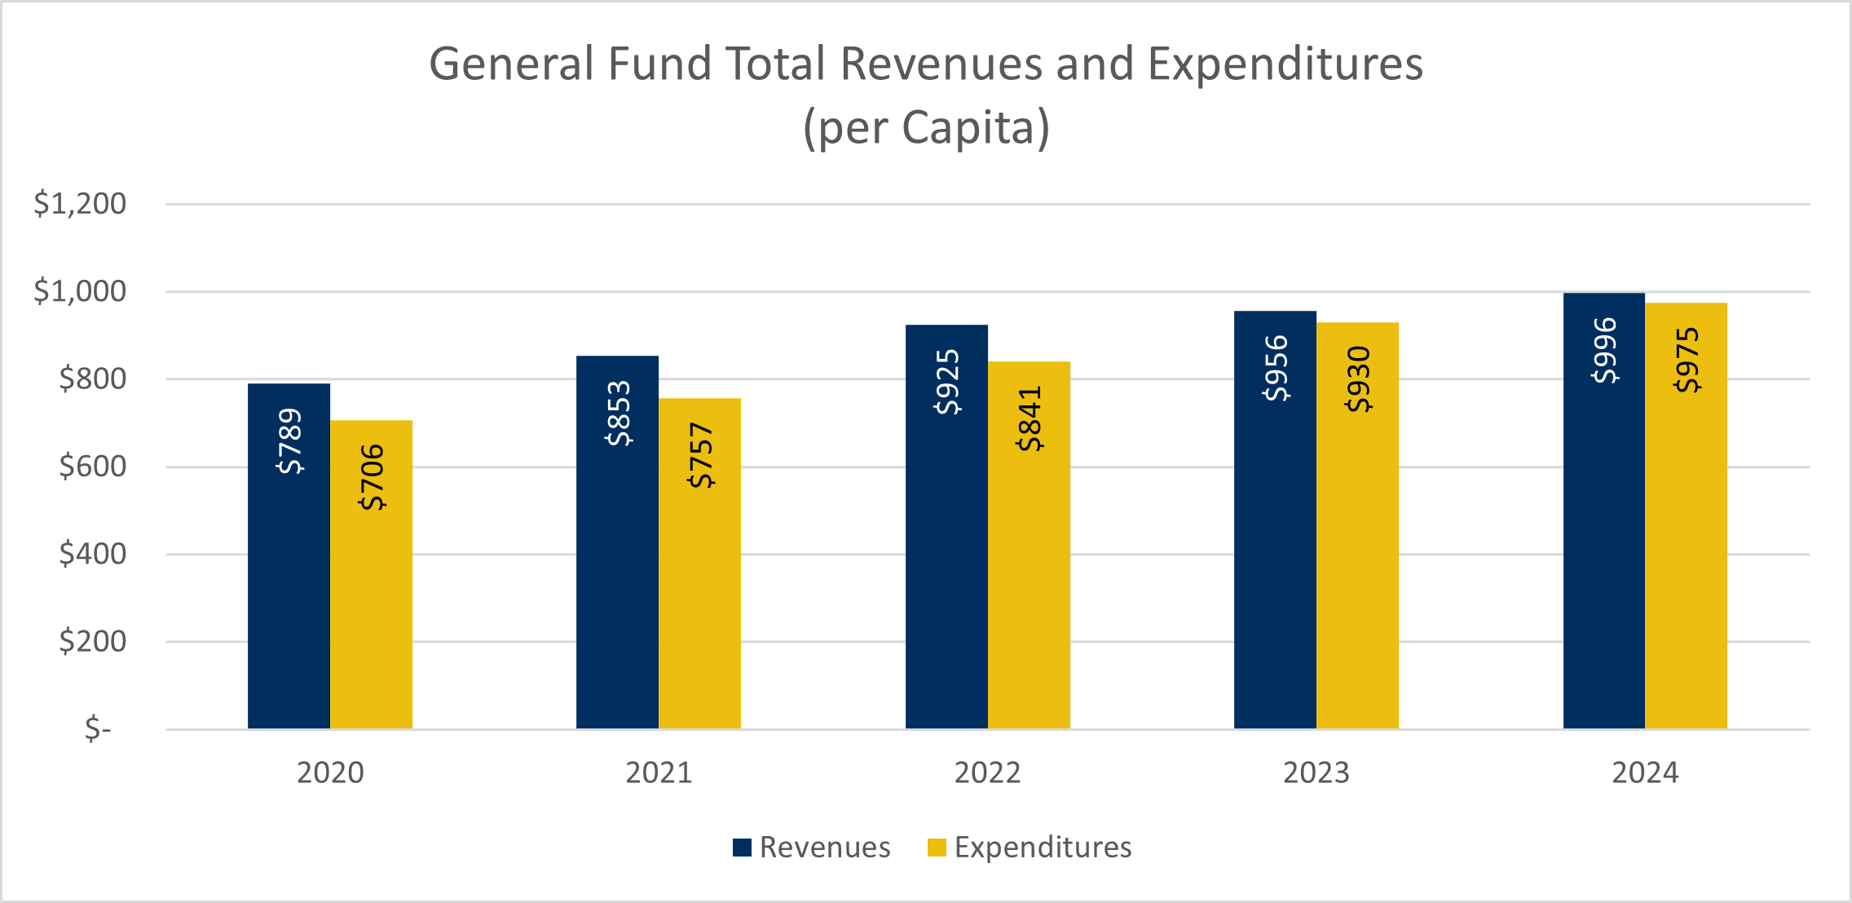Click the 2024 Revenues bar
click(1603, 555)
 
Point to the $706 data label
click(372, 477)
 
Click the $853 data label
click(618, 414)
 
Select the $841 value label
click(1030, 419)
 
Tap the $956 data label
click(1276, 368)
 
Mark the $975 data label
click(1687, 360)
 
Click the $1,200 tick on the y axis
click(80, 204)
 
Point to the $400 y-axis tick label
click(92, 555)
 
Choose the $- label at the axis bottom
click(98, 728)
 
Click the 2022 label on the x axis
click(987, 772)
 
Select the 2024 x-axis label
click(1645, 772)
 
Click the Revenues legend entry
click(824, 848)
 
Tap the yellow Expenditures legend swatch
click(937, 848)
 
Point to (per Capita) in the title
click(926, 128)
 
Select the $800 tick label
click(92, 379)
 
